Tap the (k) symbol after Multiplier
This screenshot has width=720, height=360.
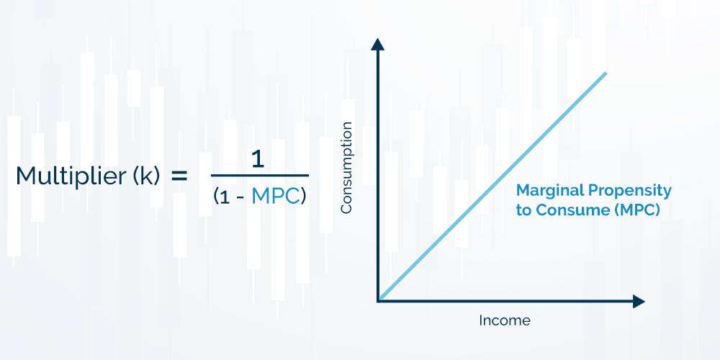tap(147, 176)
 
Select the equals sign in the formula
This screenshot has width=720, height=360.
tap(179, 176)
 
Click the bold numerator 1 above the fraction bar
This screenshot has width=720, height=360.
tap(258, 161)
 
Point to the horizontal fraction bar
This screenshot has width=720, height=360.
tap(260, 175)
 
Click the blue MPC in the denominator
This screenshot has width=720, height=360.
tap(276, 197)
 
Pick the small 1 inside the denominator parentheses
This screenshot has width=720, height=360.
tap(224, 197)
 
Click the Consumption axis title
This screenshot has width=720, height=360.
tap(346, 168)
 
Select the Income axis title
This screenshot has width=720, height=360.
tap(505, 320)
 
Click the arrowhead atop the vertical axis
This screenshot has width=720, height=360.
tap(377, 44)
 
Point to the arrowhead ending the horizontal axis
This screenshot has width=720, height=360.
tap(639, 302)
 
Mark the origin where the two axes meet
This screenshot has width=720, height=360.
tap(379, 301)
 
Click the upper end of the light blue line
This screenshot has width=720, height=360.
tap(606, 73)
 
